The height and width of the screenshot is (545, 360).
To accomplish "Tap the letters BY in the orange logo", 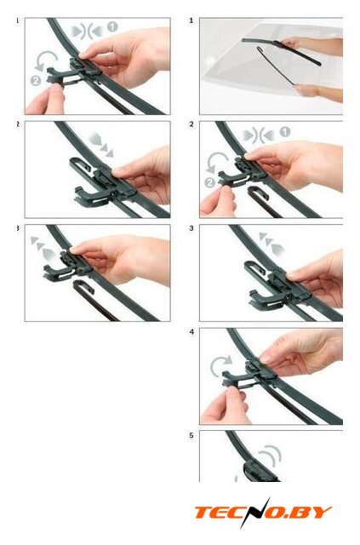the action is click(x=315, y=513).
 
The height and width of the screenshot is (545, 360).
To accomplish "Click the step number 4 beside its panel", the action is click(x=191, y=332).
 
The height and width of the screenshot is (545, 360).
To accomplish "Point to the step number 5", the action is click(x=191, y=435).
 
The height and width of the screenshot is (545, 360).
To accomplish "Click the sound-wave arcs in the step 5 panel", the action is click(x=270, y=456).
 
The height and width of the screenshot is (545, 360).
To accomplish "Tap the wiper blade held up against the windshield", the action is click(x=282, y=52).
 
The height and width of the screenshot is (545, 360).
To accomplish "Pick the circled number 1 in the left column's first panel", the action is click(x=112, y=26).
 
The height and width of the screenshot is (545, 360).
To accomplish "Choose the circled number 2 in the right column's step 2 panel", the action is click(x=209, y=183).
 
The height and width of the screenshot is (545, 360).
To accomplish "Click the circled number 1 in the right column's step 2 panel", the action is click(x=285, y=132).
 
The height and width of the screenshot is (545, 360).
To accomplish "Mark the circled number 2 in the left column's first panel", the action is click(x=36, y=81).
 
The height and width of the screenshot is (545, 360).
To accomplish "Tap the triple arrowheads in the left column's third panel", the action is click(x=43, y=249).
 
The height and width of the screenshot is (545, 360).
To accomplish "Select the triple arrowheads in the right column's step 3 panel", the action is click(x=271, y=244).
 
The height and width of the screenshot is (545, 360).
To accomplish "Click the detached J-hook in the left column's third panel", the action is click(x=91, y=298).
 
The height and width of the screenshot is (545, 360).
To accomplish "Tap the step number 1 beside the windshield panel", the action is click(x=191, y=20).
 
